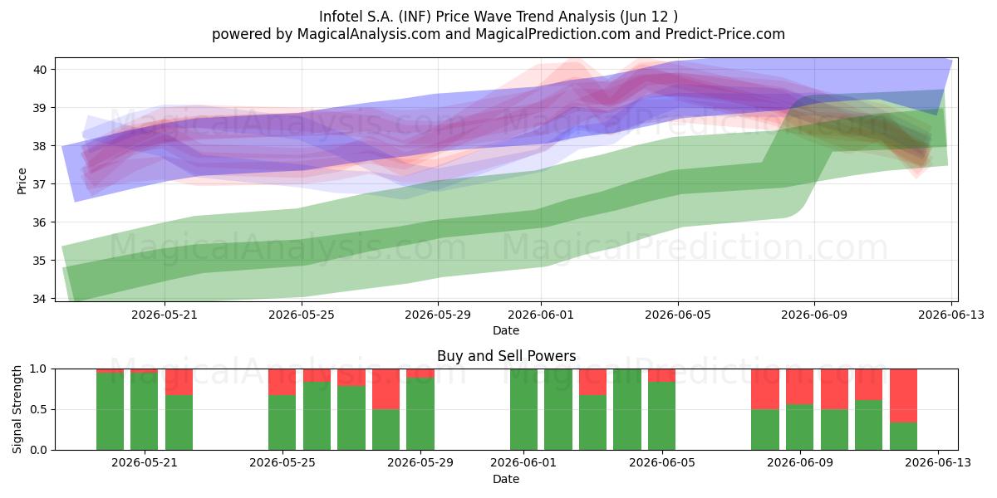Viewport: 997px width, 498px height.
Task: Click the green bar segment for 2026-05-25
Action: coord(282,422)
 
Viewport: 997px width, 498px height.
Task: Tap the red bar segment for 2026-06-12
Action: coord(904,396)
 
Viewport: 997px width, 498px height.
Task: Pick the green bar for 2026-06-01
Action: coord(524,409)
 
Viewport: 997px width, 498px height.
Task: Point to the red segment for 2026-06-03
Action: coord(592,382)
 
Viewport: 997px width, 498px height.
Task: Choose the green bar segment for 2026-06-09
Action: coord(799,427)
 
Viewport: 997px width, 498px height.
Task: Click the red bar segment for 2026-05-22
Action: coord(179,382)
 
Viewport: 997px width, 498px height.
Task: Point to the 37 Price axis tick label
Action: coord(39,184)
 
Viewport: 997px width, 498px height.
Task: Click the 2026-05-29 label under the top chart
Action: coord(438,315)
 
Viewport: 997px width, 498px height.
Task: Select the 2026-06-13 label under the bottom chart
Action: coord(938,463)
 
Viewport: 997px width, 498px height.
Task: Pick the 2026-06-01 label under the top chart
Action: coord(541,315)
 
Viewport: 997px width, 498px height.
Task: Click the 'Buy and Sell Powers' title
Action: coord(507,356)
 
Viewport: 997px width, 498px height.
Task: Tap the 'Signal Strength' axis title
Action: coord(17,409)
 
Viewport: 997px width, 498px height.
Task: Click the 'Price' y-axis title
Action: coord(22,182)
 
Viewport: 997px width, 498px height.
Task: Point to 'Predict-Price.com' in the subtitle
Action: coord(725,34)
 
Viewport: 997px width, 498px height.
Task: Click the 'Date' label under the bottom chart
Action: coord(506,479)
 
